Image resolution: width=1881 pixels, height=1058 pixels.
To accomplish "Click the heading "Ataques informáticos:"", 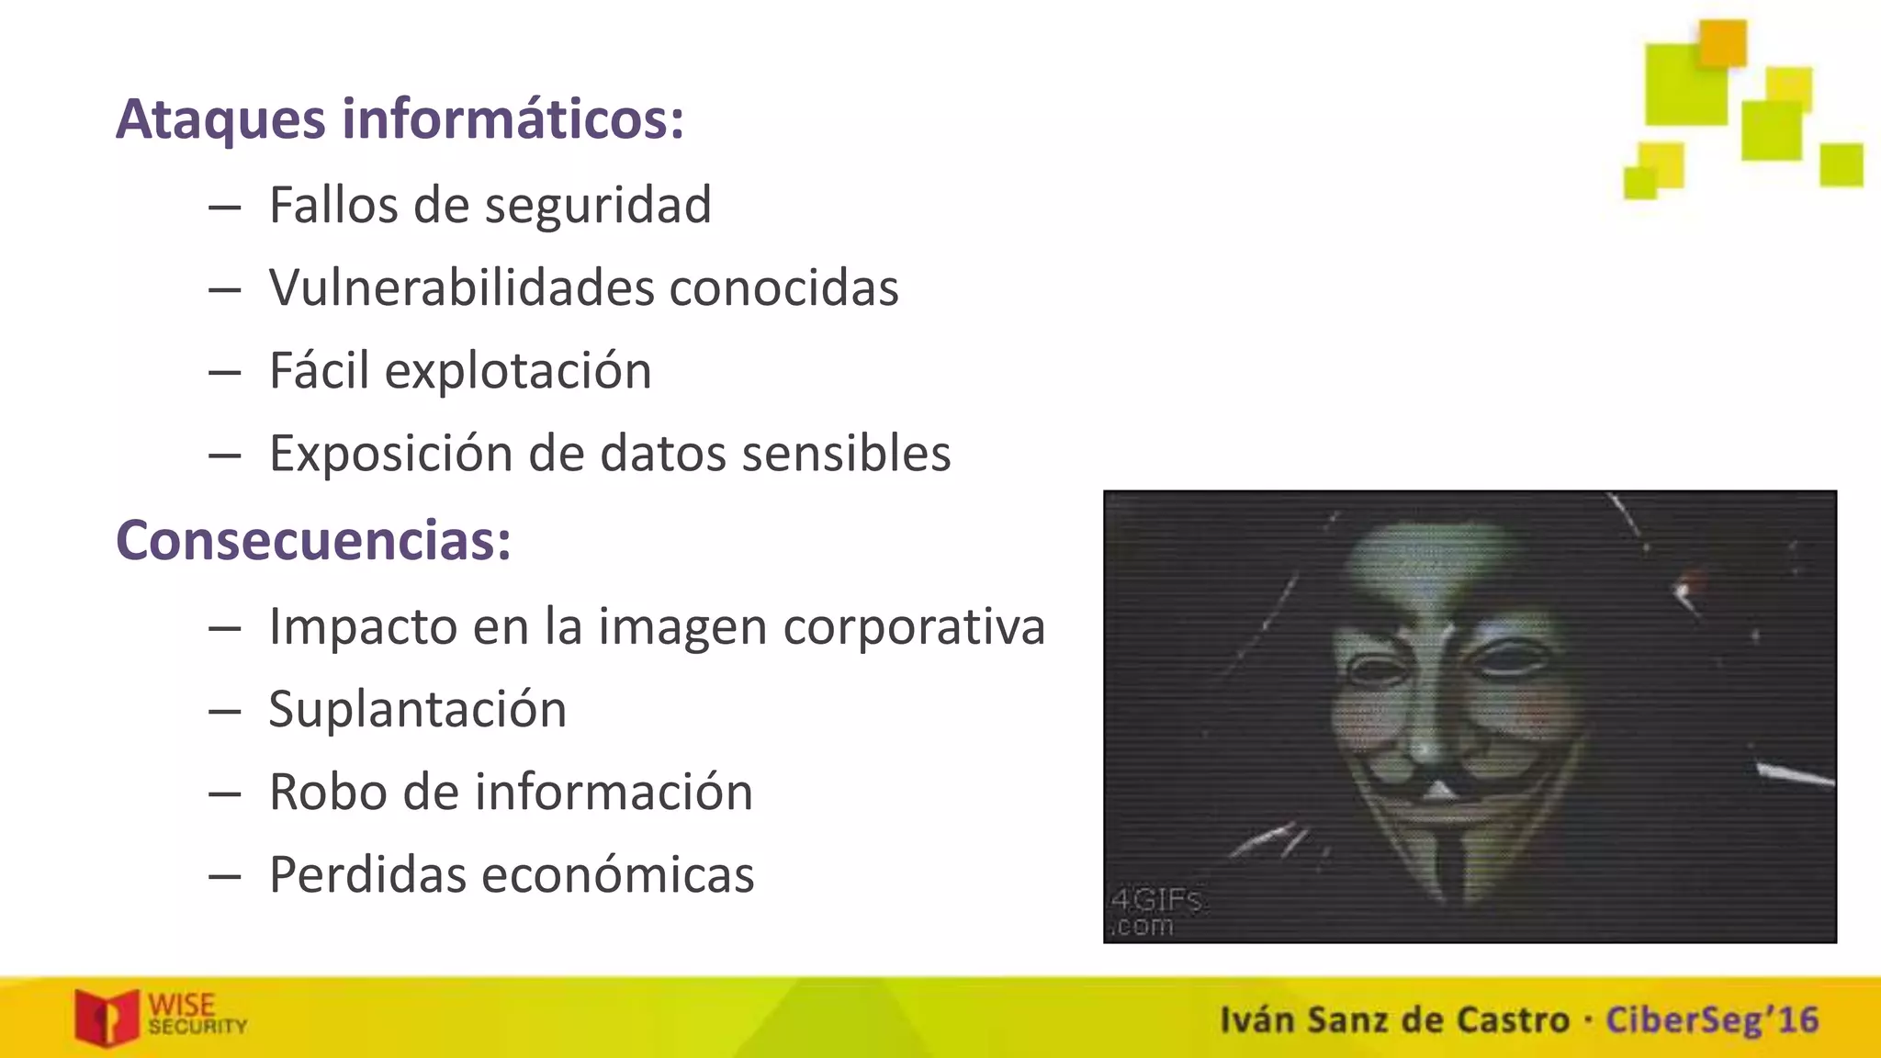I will point(400,119).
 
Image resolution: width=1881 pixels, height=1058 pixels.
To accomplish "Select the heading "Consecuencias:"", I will point(313,540).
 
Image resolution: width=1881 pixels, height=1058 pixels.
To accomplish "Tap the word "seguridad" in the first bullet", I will point(598,205).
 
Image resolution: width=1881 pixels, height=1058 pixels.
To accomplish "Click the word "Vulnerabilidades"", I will point(462,287).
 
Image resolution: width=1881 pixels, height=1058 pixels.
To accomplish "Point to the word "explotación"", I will point(518,371).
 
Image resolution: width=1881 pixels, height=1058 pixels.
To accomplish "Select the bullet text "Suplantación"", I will point(418,709).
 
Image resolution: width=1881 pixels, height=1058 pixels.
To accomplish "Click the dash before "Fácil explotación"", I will point(224,372).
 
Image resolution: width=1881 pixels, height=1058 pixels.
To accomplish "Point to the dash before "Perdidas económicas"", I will point(224,875).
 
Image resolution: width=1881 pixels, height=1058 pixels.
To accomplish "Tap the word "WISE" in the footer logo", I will point(182,1005).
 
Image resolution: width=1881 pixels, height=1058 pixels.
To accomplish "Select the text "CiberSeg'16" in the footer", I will point(1712,1020).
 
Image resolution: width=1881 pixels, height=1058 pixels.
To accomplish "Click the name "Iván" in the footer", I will point(1257,1020).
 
